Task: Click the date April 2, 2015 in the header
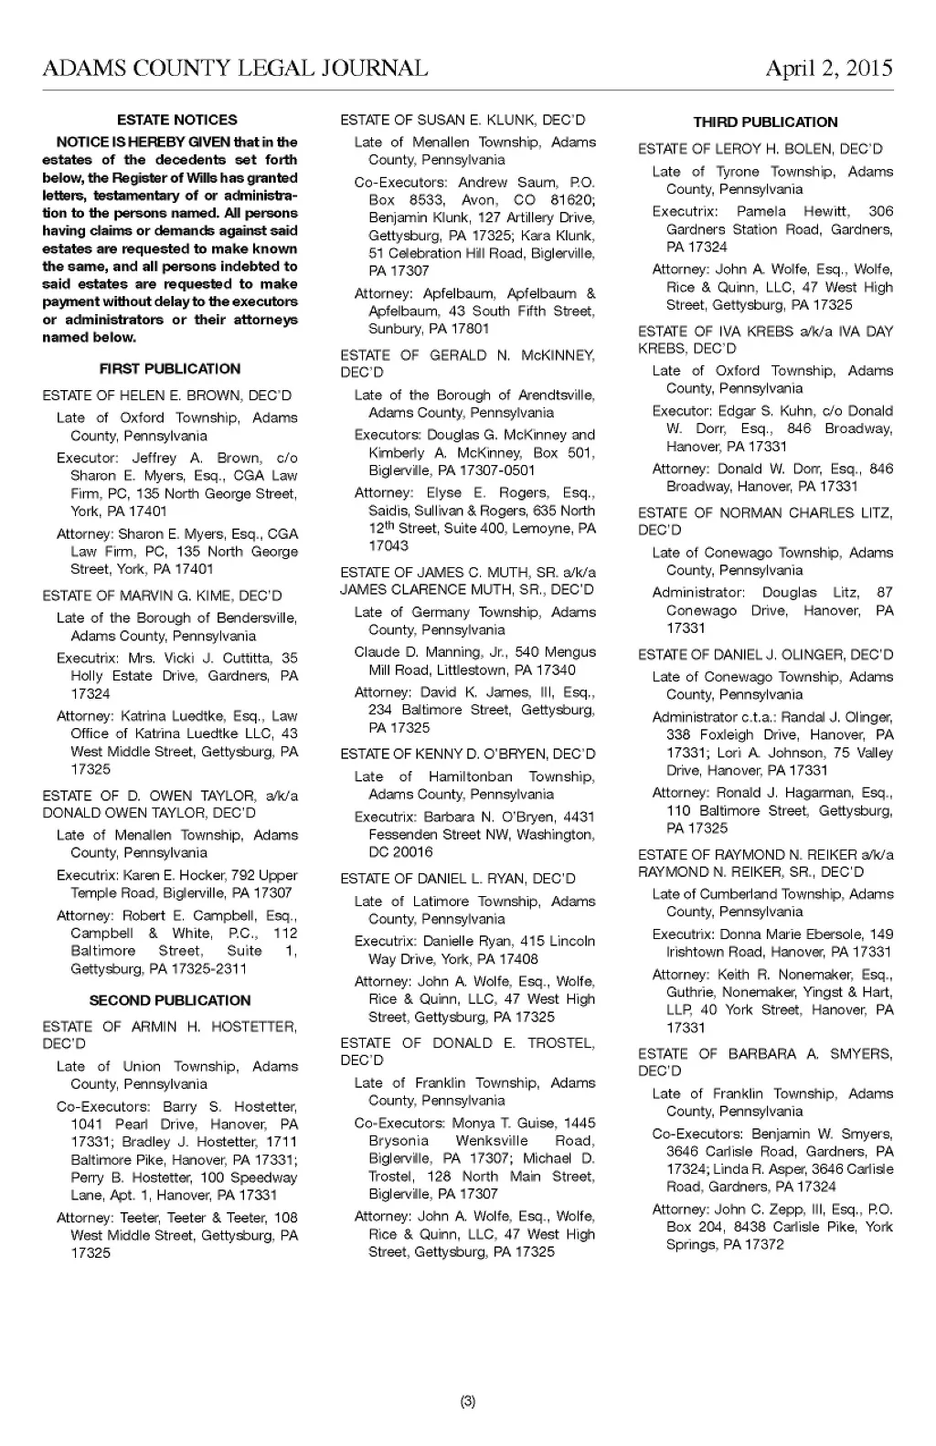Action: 828,69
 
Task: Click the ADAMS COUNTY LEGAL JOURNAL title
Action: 235,69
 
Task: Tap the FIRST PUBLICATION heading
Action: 170,369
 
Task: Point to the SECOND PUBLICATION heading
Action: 170,1000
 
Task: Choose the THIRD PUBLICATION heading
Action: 765,122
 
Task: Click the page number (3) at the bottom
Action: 468,1401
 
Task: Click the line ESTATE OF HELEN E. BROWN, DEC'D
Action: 167,396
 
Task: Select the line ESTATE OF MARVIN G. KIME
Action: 162,596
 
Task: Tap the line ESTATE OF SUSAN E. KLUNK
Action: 463,120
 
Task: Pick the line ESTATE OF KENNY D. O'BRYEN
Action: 467,755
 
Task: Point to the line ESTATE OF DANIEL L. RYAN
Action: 458,879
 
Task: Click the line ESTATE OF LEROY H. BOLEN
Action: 760,149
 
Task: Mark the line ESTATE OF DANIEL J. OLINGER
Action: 766,655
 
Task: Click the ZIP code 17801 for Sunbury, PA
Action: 472,329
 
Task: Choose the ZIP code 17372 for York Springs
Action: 766,1245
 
